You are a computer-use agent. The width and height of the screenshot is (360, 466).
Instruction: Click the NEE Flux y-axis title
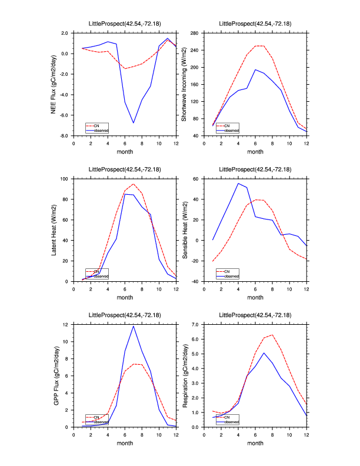tap(54, 84)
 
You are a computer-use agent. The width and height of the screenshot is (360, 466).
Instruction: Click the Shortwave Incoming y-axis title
tap(184, 84)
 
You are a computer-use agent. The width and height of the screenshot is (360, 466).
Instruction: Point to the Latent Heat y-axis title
tap(54, 229)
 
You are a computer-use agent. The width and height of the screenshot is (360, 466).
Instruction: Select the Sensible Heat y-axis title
tap(184, 229)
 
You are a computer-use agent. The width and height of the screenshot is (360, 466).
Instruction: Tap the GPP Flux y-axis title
tap(54, 375)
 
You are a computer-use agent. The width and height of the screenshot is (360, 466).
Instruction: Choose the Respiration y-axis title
tap(184, 375)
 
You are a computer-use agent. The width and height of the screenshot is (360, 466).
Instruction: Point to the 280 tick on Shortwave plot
tap(197, 33)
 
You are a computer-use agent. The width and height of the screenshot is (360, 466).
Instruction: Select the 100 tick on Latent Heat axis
tap(65, 178)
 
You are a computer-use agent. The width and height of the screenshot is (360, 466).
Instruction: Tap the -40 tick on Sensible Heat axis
tap(197, 281)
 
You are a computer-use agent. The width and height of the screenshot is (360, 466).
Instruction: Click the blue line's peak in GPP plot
tap(134, 326)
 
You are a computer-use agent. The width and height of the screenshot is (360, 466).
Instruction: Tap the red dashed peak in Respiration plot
tap(272, 335)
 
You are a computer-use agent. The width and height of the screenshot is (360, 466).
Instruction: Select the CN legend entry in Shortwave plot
tap(231, 125)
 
